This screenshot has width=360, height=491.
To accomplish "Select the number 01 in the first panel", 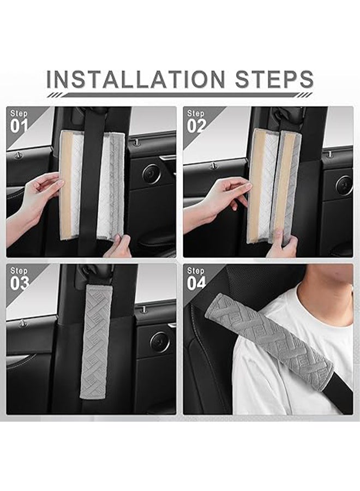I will (20, 125).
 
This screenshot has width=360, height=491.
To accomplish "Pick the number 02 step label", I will (196, 125).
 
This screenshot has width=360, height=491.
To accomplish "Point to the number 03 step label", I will (20, 283).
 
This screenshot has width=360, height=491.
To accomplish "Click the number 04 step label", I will (196, 283).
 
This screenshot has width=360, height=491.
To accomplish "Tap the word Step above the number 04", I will (195, 271).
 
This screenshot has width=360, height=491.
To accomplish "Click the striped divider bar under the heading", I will (180, 95).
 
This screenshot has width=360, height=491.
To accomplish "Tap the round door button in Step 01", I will (151, 173).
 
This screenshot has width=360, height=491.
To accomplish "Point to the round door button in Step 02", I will (344, 185).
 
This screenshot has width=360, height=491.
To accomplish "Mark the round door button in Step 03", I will (159, 341).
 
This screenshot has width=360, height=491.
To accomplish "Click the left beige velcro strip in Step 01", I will (66, 185).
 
